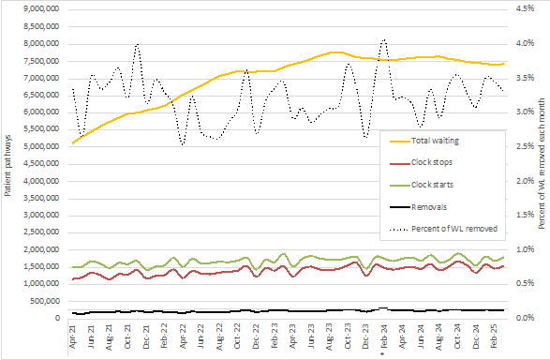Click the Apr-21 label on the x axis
click(74, 335)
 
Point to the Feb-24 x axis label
click(384, 335)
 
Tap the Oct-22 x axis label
click(238, 335)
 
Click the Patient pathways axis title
click(7, 164)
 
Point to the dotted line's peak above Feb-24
click(384, 40)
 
